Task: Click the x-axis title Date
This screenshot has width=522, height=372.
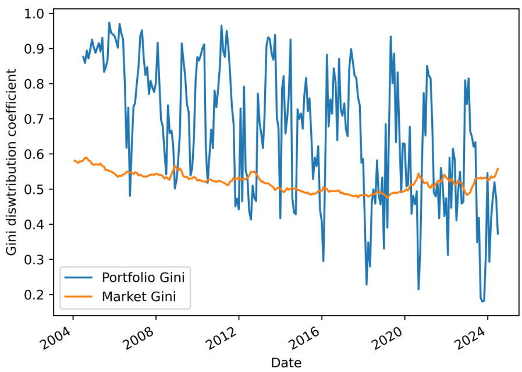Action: tap(286, 363)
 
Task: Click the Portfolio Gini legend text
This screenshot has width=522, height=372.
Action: tap(147, 276)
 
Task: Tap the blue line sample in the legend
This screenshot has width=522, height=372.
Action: tap(80, 276)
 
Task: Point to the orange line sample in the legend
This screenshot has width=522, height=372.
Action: tap(80, 297)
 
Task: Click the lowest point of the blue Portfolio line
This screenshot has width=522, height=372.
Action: tap(482, 302)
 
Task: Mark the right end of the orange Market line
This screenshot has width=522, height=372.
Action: tap(498, 168)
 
